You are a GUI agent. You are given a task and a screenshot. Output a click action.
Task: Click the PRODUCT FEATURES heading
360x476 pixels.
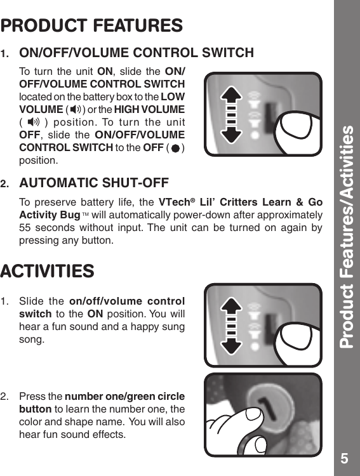tap(92, 26)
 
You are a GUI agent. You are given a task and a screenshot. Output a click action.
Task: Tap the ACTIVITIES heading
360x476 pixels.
tap(48, 272)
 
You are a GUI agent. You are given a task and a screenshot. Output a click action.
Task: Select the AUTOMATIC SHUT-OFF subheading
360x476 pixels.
tap(94, 183)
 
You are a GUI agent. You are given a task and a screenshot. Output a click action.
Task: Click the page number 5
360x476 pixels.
tap(343, 458)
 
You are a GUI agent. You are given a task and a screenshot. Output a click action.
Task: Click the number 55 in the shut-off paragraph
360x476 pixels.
tap(27, 228)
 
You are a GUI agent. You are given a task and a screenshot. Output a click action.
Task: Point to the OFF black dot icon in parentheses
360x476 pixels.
tap(175, 147)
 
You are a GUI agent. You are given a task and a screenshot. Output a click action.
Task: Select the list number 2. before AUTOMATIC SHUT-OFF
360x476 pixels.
tap(6, 184)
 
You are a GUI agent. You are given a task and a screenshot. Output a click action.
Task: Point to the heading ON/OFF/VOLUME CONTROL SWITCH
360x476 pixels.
tap(137, 52)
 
